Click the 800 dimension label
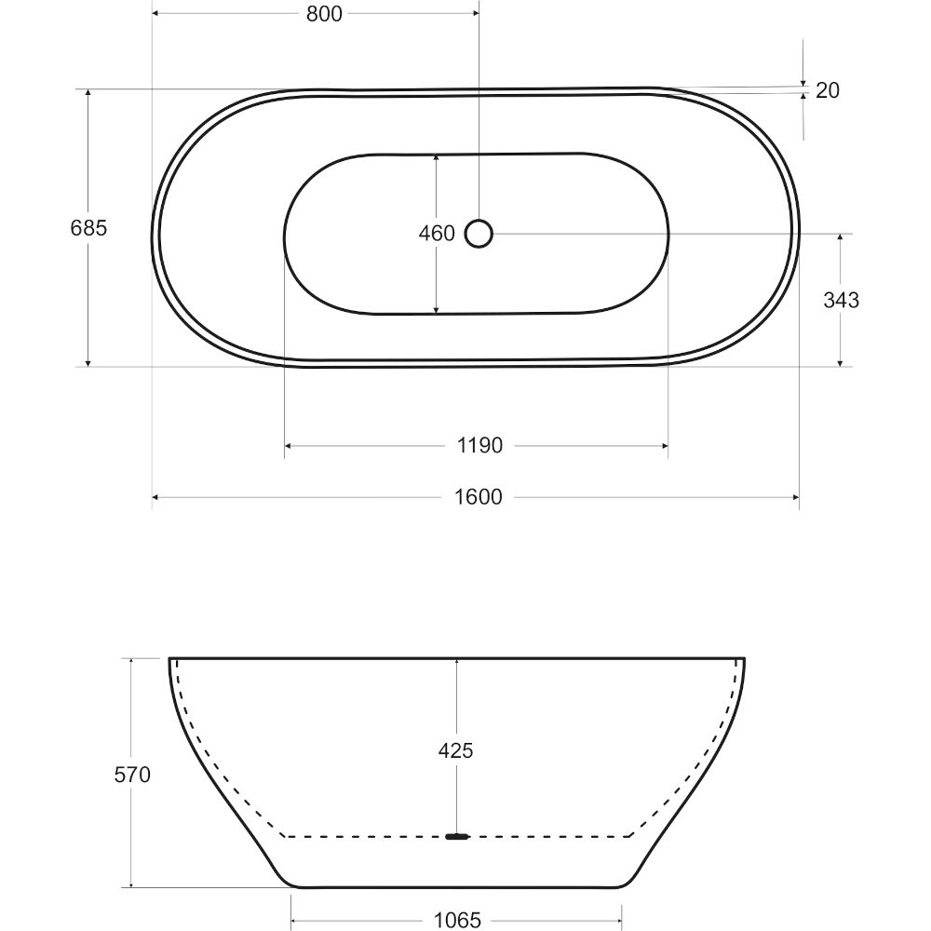[x=324, y=14]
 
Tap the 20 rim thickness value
[x=827, y=90]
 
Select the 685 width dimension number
[x=88, y=227]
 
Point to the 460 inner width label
[x=437, y=234]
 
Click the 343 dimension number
[x=841, y=300]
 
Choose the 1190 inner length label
[x=479, y=445]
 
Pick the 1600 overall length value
[x=479, y=496]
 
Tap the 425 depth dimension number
[x=455, y=750]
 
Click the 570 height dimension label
[x=132, y=775]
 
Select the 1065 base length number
[x=457, y=920]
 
